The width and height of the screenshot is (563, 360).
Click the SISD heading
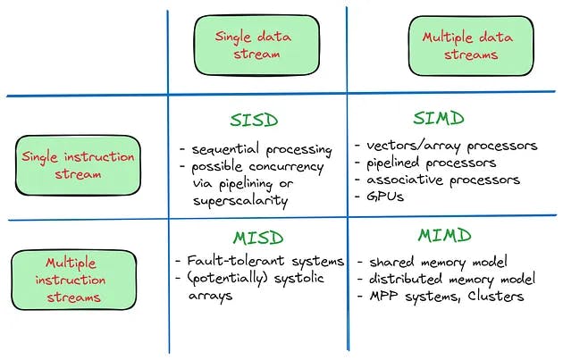pyautogui.click(x=254, y=120)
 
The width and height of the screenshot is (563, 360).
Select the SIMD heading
pyautogui.click(x=439, y=118)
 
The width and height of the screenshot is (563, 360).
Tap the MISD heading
pyautogui.click(x=258, y=238)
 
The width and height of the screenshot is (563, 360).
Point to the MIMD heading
pyautogui.click(x=444, y=236)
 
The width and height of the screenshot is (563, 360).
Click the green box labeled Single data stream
pyautogui.click(x=256, y=46)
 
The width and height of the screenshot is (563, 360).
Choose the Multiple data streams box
pyautogui.click(x=471, y=46)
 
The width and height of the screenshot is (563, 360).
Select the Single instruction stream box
pyautogui.click(x=78, y=165)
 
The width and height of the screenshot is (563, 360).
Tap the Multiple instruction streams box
pyautogui.click(x=74, y=280)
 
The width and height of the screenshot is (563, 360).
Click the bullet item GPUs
pyautogui.click(x=385, y=197)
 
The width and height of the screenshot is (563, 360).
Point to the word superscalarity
pyautogui.click(x=240, y=201)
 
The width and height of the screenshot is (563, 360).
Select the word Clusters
pyautogui.click(x=495, y=296)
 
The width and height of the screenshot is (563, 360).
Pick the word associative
pyautogui.click(x=405, y=179)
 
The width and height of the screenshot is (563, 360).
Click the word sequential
pyautogui.click(x=225, y=149)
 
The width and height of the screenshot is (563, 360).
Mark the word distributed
pyautogui.click(x=406, y=279)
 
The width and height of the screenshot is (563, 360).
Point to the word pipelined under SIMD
pyautogui.click(x=392, y=163)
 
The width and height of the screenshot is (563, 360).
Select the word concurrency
pyautogui.click(x=286, y=167)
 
